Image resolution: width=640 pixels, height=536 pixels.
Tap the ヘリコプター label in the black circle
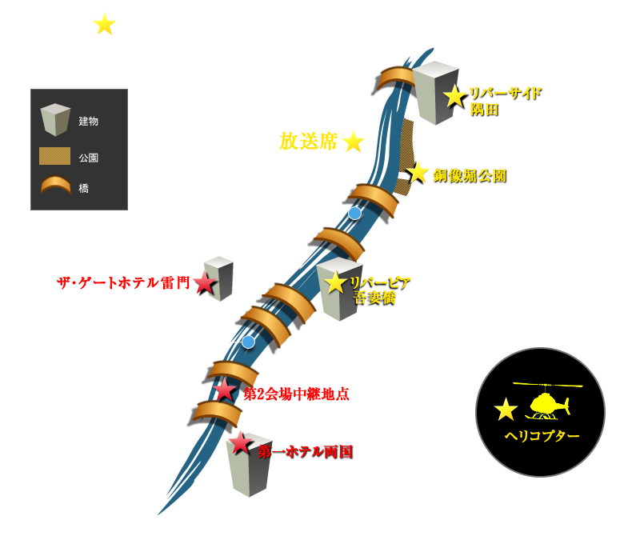click(542, 436)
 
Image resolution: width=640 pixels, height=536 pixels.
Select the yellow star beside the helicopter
click(506, 409)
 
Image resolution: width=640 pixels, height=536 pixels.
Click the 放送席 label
click(309, 142)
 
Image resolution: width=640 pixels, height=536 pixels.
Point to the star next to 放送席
click(353, 142)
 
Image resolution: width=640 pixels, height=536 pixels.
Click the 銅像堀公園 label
click(470, 176)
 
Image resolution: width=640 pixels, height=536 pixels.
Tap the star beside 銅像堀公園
click(418, 172)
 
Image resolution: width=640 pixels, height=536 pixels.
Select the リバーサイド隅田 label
click(506, 102)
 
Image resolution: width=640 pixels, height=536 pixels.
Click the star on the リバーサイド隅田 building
click(454, 97)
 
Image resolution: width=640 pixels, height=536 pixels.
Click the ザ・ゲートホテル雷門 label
click(123, 282)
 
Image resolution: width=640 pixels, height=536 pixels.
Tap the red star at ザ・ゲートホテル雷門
click(205, 282)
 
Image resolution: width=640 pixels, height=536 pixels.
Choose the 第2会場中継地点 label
click(296, 394)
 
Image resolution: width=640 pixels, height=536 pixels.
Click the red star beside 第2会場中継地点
click(225, 390)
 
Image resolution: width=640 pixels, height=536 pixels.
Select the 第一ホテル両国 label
click(306, 451)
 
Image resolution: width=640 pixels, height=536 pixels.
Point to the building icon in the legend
click(55, 120)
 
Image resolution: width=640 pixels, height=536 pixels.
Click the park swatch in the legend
click(54, 156)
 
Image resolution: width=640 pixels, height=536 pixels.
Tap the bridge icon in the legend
click(55, 185)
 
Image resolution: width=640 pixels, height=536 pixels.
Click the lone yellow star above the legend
click(105, 24)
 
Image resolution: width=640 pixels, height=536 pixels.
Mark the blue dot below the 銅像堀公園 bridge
click(354, 213)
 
